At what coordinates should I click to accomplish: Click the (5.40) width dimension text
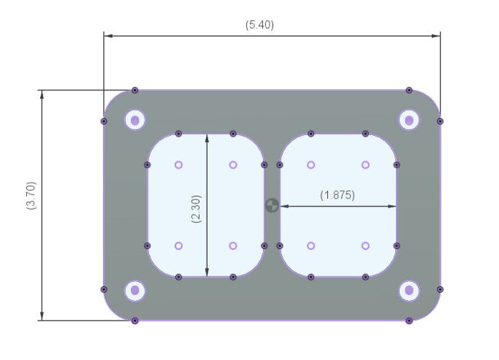[x=259, y=25]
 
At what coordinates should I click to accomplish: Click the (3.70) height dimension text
[x=31, y=195]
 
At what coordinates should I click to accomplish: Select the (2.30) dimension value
[x=197, y=208]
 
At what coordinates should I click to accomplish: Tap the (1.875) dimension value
[x=338, y=195]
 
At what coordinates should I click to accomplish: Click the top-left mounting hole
[x=135, y=120]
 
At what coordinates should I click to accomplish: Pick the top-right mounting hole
[x=409, y=120]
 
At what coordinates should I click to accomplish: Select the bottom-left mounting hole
[x=135, y=291]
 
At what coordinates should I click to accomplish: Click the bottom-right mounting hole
[x=409, y=291]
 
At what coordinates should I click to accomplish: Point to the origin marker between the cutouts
[x=272, y=205]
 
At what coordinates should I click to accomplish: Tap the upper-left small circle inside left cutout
[x=178, y=165]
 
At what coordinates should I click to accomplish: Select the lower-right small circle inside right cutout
[x=365, y=246]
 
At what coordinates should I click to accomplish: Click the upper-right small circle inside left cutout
[x=233, y=165]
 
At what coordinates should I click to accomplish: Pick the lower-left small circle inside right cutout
[x=311, y=246]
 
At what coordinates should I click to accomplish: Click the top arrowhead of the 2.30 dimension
[x=207, y=139]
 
